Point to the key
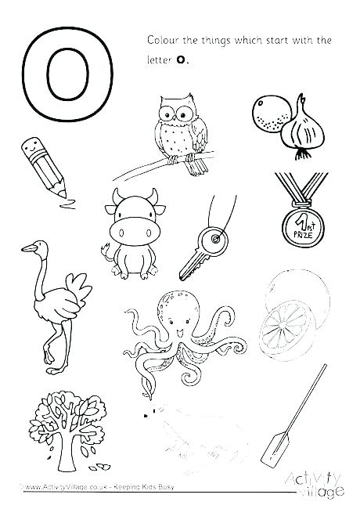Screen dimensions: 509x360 [203, 247]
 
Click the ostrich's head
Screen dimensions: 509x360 [31, 248]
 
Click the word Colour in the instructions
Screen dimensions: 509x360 [164, 38]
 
